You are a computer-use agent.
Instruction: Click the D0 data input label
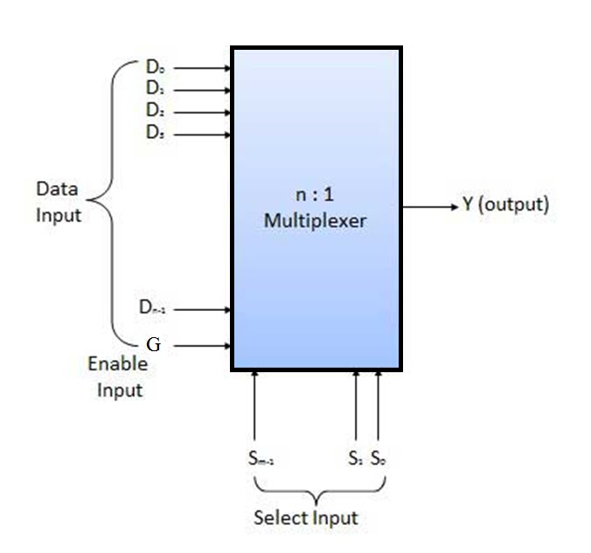coord(155,66)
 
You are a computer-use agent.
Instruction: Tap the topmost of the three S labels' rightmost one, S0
coord(378,458)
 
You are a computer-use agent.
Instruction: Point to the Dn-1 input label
coord(153,308)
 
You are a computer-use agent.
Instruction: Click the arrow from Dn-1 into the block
coord(200,308)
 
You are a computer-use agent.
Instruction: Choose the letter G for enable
coord(153,345)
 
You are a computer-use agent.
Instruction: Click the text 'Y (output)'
coord(505,205)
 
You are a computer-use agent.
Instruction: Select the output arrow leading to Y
coord(429,206)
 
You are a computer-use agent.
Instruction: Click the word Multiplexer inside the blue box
coord(315,221)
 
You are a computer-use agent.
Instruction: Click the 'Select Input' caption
coord(305,517)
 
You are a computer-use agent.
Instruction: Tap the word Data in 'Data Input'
coord(57,189)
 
